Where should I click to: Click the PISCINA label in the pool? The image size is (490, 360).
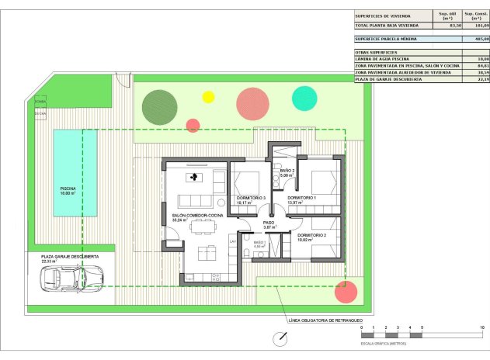pos(68,188)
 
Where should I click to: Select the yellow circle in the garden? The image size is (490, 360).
pos(208,97)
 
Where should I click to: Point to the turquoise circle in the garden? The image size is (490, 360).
pos(304,98)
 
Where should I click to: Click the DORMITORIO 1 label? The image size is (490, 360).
pos(302,198)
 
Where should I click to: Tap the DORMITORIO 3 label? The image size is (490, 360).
pos(251,198)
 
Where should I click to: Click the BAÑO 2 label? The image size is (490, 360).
pos(287,170)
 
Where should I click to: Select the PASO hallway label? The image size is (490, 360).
pos(269,223)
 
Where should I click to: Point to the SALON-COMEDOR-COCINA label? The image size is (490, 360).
pos(197,214)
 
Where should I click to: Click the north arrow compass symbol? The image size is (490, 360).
pos(280,338)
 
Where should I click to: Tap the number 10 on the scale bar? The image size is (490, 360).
pos(482,328)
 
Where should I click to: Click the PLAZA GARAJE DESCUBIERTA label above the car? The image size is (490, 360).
pos(70,256)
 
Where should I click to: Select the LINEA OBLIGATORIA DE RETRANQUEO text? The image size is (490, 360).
pos(325,320)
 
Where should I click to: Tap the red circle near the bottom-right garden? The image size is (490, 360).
pos(346,292)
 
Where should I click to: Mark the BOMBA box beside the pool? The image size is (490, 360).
pos(40,102)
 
